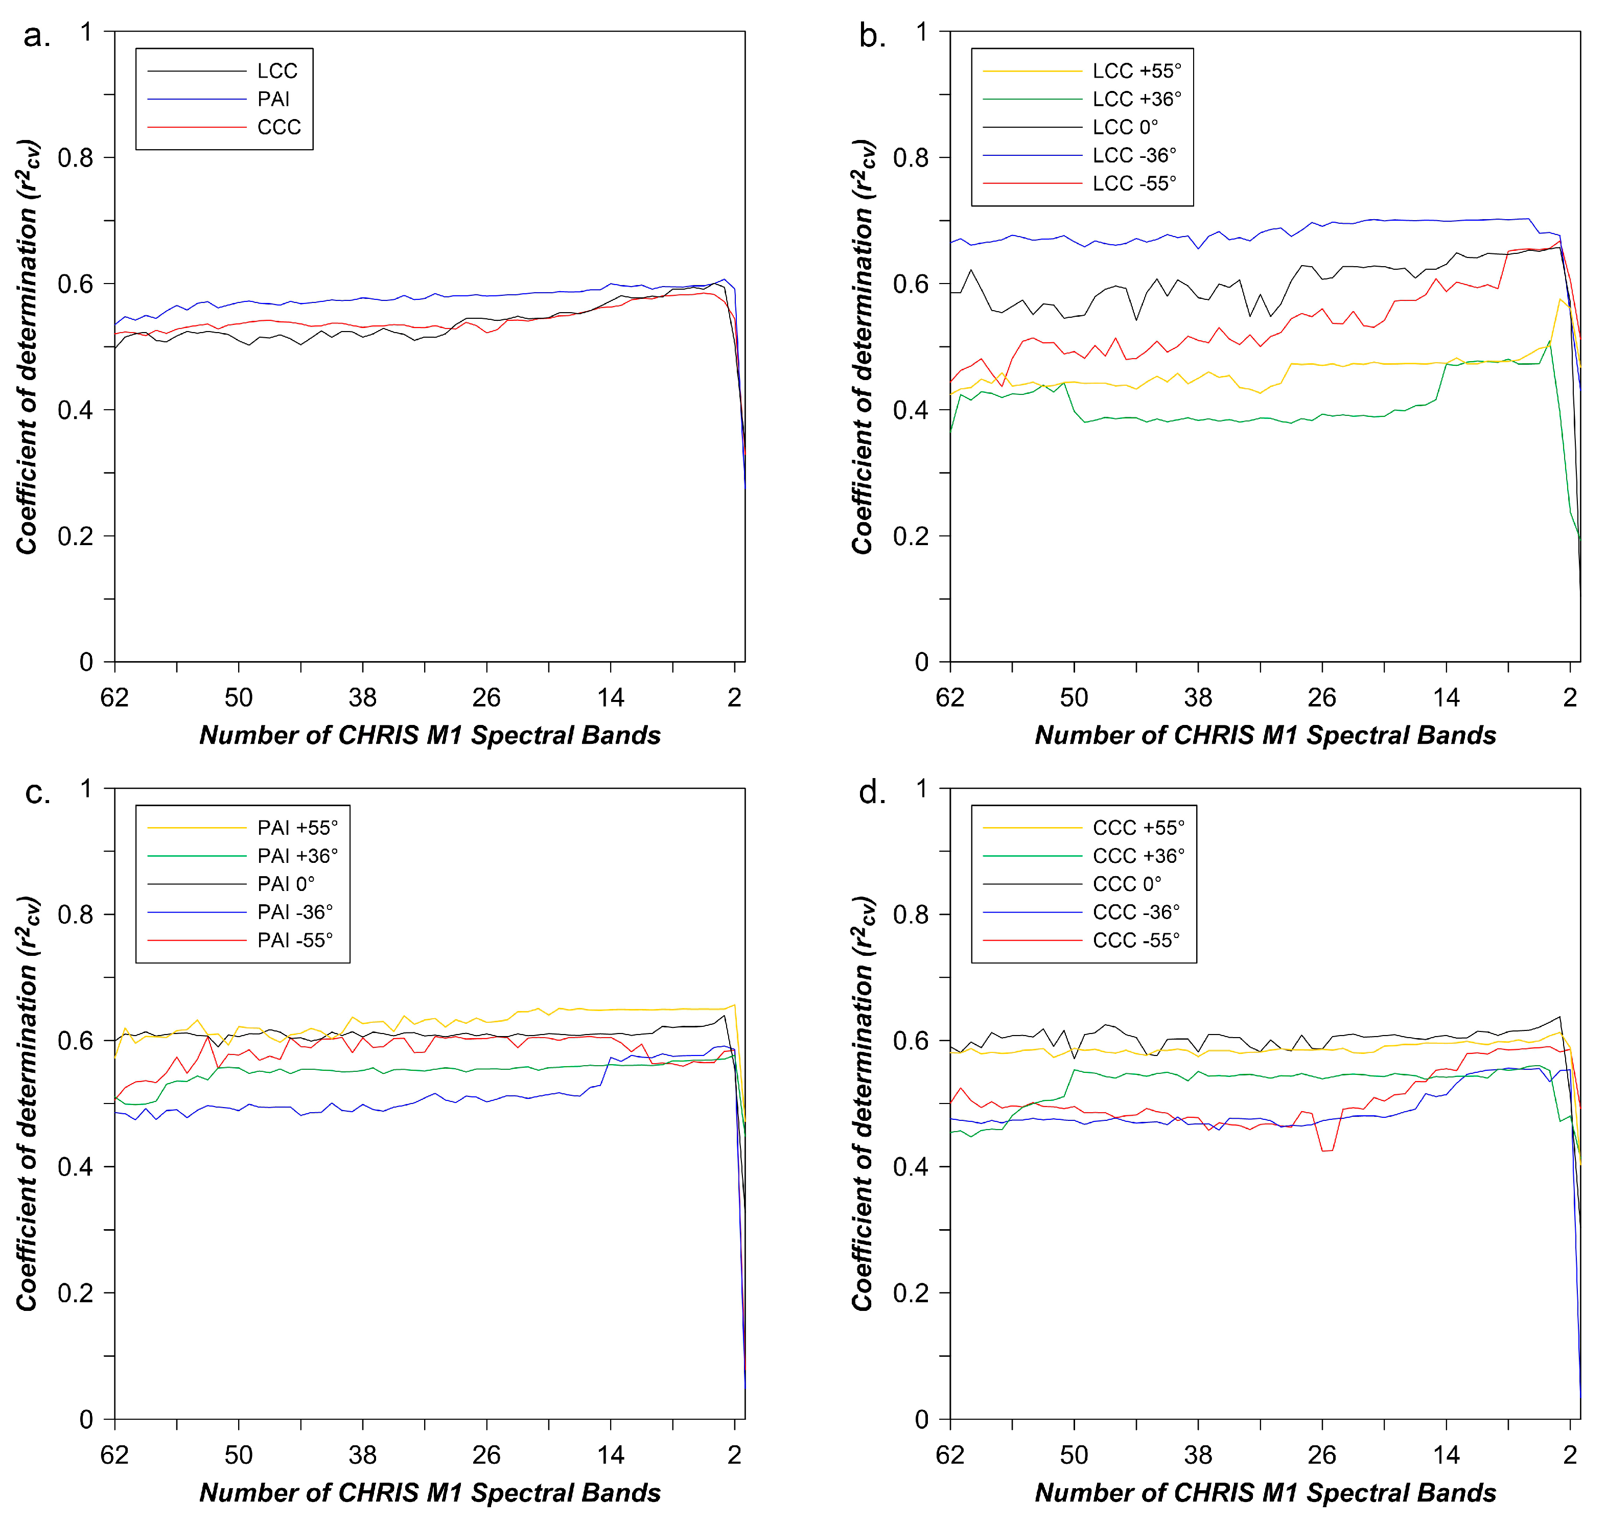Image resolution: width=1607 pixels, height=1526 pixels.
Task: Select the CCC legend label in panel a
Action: [278, 128]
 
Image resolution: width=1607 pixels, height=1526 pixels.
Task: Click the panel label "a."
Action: [37, 37]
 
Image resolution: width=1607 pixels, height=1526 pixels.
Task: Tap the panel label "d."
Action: [872, 793]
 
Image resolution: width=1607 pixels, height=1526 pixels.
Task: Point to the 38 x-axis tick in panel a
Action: [363, 698]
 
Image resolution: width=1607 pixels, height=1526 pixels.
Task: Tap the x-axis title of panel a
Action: [430, 735]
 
